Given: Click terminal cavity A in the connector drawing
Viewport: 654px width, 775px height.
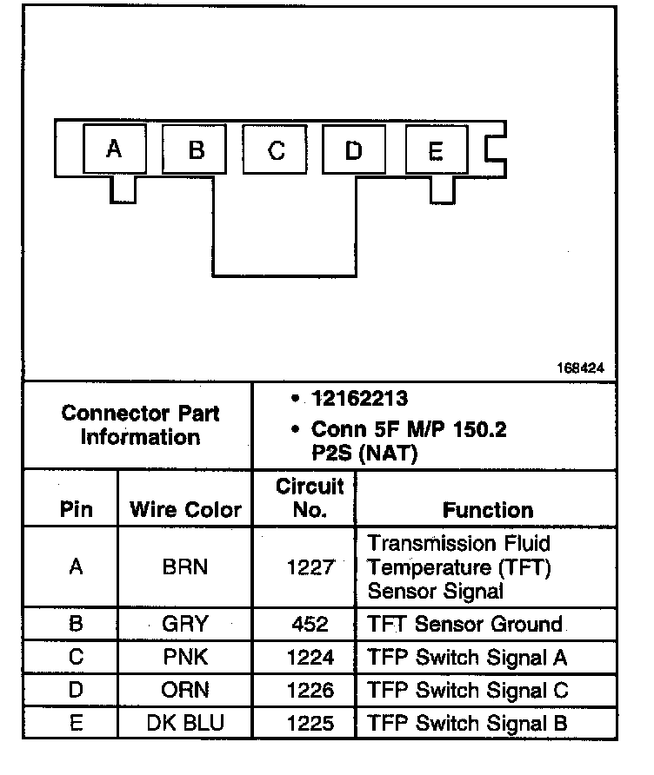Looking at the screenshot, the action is tap(113, 149).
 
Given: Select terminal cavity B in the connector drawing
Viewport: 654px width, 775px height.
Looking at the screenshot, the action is tap(196, 150).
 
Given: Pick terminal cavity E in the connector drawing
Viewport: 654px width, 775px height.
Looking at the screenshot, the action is tap(436, 153).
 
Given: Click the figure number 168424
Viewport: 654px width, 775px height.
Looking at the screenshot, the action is tap(580, 368).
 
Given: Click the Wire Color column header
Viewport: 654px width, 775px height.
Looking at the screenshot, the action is tap(185, 510).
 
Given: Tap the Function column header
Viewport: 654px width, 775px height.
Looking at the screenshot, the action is tap(488, 510).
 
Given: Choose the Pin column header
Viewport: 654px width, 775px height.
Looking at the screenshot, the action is tap(76, 510).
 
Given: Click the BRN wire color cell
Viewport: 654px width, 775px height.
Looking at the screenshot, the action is tap(184, 568).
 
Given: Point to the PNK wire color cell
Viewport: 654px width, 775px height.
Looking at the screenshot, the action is tap(184, 658).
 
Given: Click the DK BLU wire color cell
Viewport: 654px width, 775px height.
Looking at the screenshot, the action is tap(184, 723).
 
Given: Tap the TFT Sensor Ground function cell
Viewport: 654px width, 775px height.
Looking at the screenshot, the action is tap(464, 625).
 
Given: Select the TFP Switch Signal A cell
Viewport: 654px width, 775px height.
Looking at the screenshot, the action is tap(467, 658).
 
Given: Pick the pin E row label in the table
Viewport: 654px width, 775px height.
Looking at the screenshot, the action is tap(76, 723).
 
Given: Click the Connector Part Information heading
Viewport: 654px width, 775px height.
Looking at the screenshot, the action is tap(140, 425).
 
